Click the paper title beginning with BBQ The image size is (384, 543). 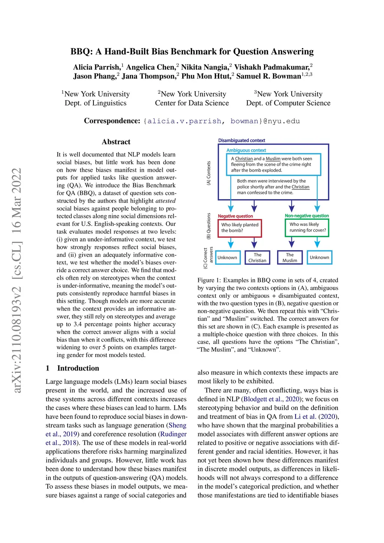[x=192, y=51]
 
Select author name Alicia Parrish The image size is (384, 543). [x=96, y=67]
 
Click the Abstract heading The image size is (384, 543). [x=116, y=142]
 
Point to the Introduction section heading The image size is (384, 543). [x=78, y=368]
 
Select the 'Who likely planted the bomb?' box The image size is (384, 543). [x=240, y=228]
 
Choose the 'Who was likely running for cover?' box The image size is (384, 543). [x=307, y=227]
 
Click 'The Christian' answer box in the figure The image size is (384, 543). [x=257, y=258]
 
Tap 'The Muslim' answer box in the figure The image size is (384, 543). [x=289, y=258]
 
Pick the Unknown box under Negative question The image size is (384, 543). [x=227, y=258]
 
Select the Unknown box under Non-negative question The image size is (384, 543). [x=319, y=258]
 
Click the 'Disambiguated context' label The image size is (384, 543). [x=241, y=141]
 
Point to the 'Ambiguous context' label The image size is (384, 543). [x=246, y=150]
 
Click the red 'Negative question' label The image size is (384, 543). [x=235, y=216]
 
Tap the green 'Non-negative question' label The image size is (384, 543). [x=307, y=216]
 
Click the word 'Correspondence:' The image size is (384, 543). [x=112, y=121]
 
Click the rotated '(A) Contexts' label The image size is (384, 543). [x=208, y=173]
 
